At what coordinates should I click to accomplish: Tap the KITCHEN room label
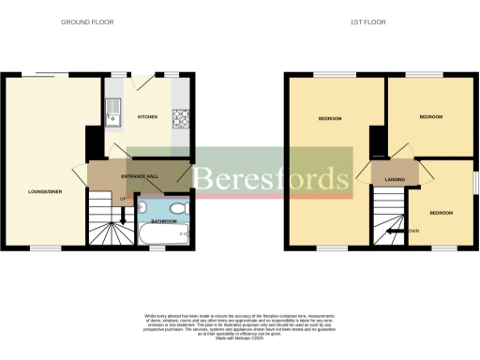[147, 117]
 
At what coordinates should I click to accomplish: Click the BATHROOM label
[164, 220]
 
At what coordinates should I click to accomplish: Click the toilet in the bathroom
[147, 208]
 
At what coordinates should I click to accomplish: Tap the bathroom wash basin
[179, 207]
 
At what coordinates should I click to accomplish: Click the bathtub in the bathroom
[165, 233]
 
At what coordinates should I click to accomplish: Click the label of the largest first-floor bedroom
[330, 118]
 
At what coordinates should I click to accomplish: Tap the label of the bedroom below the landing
[442, 213]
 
